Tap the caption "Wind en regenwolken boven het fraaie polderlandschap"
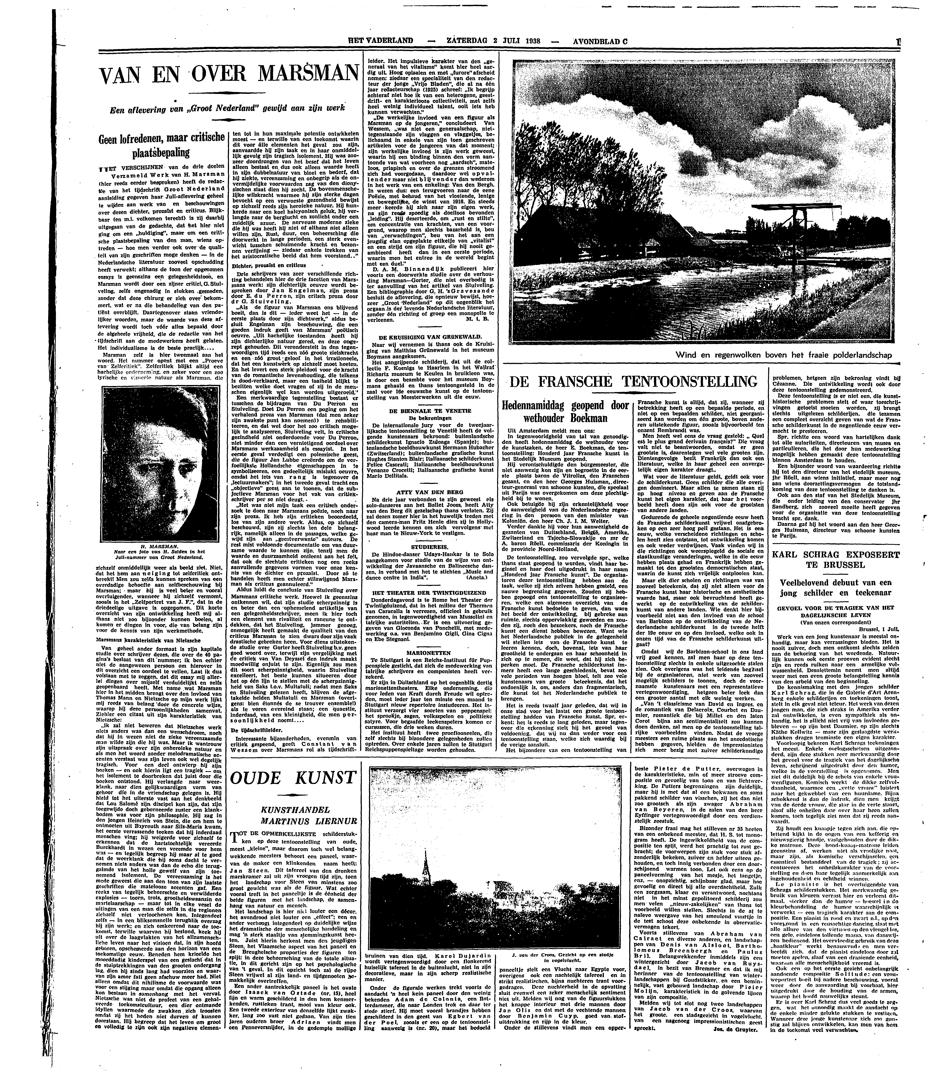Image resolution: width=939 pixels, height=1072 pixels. pyautogui.click(x=783, y=355)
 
